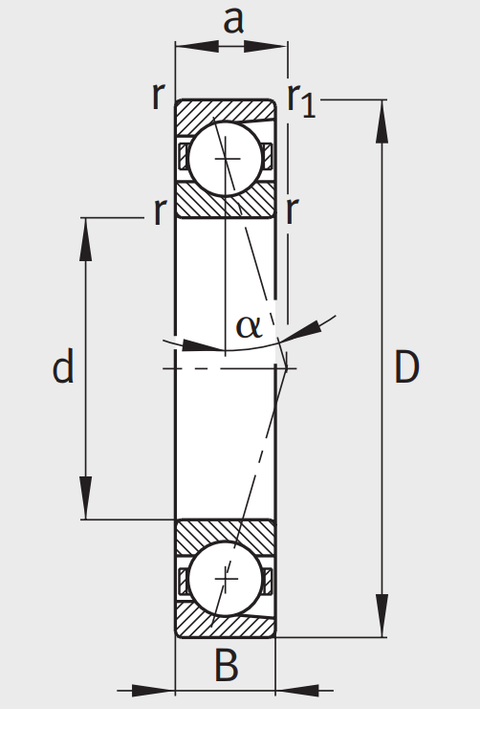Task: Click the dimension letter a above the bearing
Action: [232, 20]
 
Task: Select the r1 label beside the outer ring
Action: [301, 99]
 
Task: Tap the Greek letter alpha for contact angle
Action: [248, 326]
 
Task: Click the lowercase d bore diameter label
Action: [63, 367]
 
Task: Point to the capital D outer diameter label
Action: [406, 367]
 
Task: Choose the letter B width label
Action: [226, 666]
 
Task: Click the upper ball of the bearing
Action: [226, 158]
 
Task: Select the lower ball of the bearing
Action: [226, 579]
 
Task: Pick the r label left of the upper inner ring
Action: [159, 211]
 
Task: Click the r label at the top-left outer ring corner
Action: [159, 95]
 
